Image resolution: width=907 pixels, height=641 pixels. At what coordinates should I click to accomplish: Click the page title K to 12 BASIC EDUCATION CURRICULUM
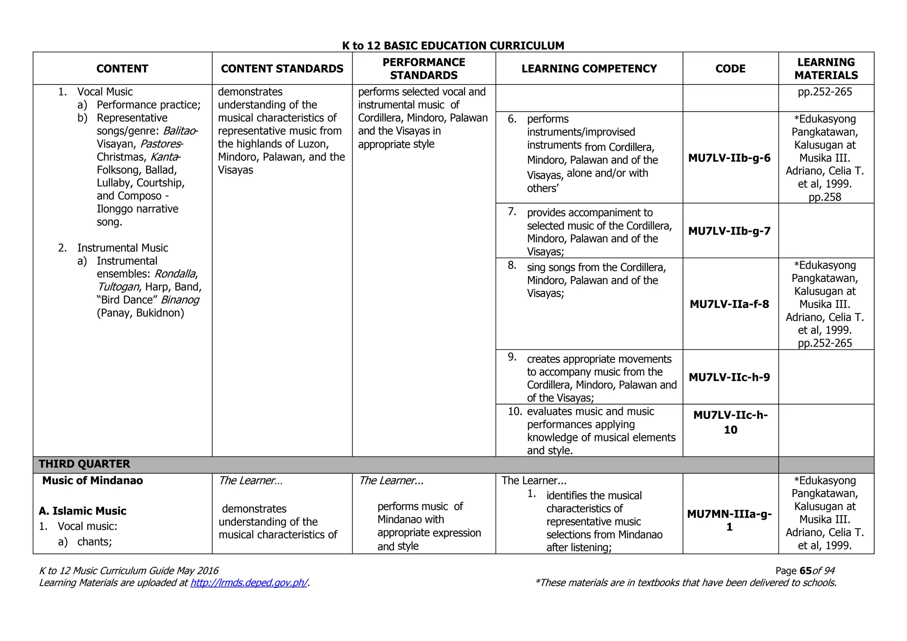(x=453, y=46)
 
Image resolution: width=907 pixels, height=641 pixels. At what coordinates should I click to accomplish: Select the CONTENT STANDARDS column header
(x=282, y=69)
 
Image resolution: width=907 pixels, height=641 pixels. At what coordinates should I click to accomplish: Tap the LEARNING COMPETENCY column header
(x=589, y=69)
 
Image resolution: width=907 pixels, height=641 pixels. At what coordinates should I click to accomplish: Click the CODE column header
(x=730, y=69)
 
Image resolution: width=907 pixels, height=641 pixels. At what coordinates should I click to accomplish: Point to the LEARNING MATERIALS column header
(x=826, y=69)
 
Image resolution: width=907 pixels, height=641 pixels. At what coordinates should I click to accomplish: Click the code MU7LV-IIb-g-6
(x=729, y=158)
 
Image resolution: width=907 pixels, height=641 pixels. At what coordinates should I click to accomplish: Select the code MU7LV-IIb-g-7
(x=729, y=231)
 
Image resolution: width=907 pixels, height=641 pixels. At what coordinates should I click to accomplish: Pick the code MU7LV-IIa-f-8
(x=729, y=304)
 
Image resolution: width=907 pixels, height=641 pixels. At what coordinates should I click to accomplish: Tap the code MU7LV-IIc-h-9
(x=729, y=377)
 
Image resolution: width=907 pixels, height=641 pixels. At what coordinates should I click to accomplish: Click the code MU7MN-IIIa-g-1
(x=729, y=521)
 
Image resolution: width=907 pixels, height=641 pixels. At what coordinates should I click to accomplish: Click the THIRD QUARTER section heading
(x=85, y=464)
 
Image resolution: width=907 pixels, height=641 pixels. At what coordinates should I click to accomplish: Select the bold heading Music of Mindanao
(x=93, y=481)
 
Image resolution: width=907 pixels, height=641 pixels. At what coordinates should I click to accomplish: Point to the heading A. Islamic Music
(x=83, y=511)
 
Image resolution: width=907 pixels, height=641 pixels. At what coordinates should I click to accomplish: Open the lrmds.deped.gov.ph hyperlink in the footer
(x=249, y=583)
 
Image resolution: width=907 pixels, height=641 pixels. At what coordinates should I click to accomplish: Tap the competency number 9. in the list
(x=512, y=357)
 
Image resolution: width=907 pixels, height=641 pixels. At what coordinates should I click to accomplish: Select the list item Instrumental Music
(x=123, y=248)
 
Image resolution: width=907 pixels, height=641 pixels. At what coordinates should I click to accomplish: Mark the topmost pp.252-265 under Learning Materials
(x=825, y=92)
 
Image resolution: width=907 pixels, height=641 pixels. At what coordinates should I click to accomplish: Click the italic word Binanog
(x=180, y=300)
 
